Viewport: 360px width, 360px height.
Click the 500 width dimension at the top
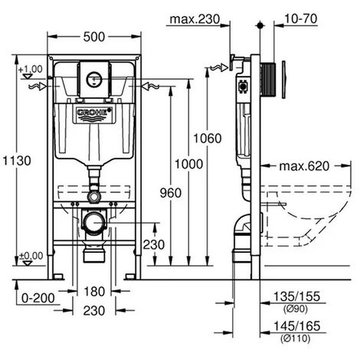click(95, 36)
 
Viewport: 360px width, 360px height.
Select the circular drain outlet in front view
click(94, 224)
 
